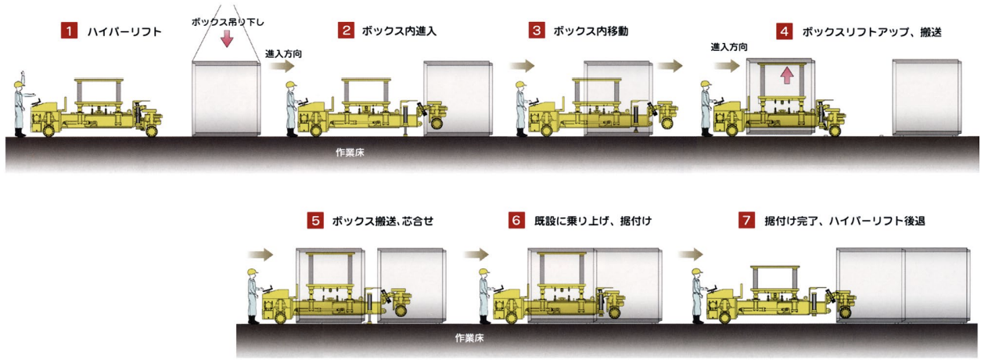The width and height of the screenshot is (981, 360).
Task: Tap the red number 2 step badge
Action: pyautogui.click(x=346, y=31)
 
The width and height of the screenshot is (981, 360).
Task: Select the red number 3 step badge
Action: pyautogui.click(x=537, y=31)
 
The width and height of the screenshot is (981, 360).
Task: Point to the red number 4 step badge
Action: pyautogui.click(x=784, y=31)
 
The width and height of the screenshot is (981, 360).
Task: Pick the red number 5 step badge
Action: pyautogui.click(x=314, y=221)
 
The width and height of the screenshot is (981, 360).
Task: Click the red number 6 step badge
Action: pyautogui.click(x=516, y=221)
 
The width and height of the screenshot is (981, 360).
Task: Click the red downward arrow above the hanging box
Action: pyautogui.click(x=227, y=38)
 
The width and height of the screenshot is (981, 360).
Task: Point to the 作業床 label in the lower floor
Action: pyautogui.click(x=469, y=338)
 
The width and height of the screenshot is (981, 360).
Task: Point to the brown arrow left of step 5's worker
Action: pyautogui.click(x=260, y=254)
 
